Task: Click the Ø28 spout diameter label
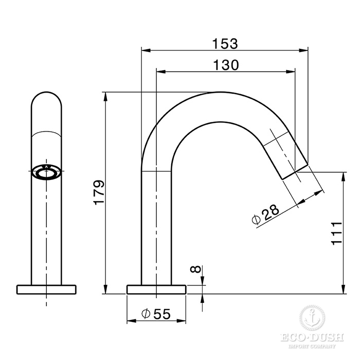pos(266,213)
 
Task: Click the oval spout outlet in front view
pos(47,173)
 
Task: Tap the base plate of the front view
pos(47,289)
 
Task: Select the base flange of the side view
pos(156,289)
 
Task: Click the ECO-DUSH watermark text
pos(312,339)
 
